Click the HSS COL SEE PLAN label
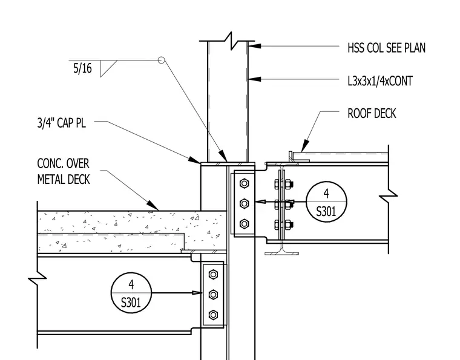point(386,48)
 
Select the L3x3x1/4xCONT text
point(380,81)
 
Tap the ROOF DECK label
point(372,114)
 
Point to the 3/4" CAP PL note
point(62,123)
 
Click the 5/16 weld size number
point(82,68)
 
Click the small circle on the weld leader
point(161,60)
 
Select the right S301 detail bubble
point(326,201)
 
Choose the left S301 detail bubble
point(131,293)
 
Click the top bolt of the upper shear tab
point(245,183)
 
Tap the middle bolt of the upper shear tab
point(245,203)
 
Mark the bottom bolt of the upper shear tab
point(245,224)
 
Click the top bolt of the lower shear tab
point(213,275)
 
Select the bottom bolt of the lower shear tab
point(213,315)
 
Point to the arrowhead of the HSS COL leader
point(255,46)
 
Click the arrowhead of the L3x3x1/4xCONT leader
point(255,79)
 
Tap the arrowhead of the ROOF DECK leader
point(305,146)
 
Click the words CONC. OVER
point(63,163)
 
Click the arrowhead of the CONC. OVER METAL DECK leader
point(153,205)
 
